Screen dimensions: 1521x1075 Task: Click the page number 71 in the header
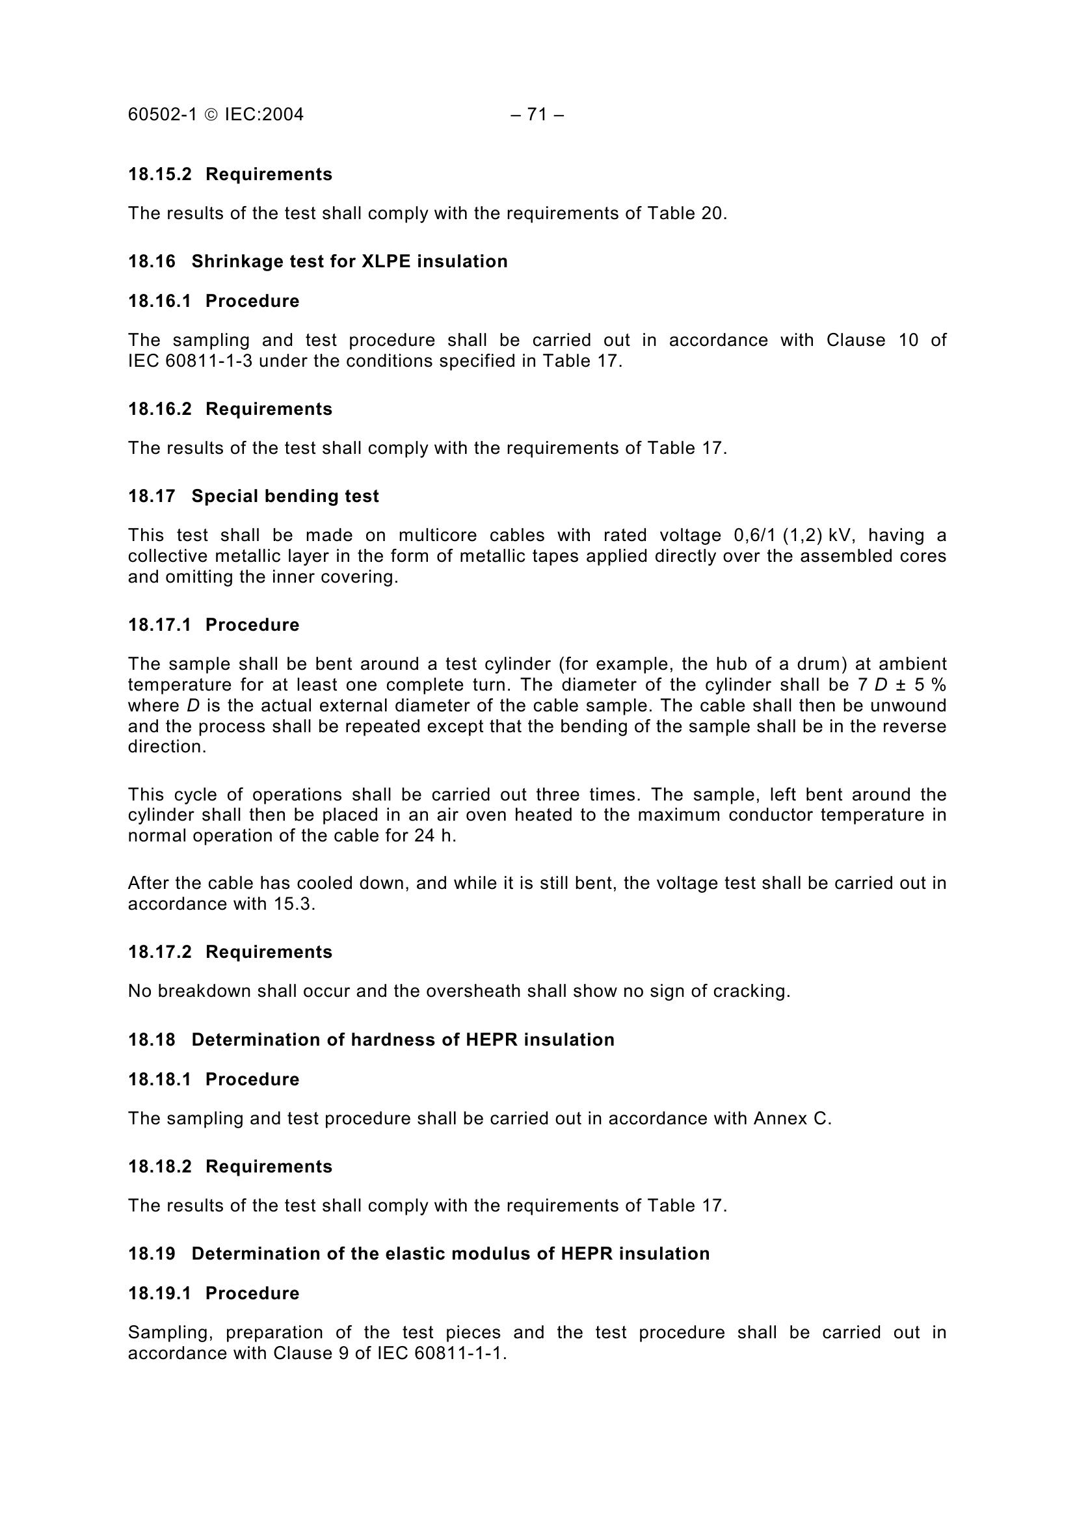537,114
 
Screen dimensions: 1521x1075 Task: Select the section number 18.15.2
159,174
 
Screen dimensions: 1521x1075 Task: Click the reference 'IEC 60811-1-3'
190,361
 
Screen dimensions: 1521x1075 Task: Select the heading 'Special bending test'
285,496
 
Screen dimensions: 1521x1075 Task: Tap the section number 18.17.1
159,625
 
